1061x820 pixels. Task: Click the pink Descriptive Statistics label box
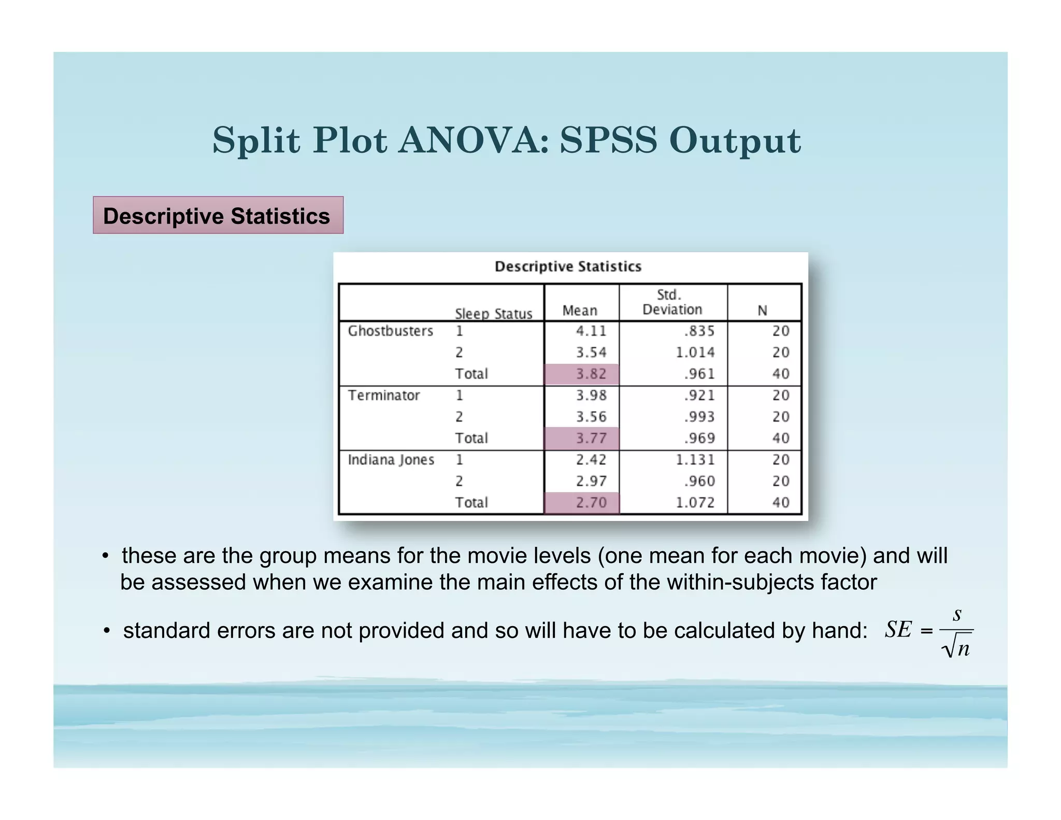(x=218, y=215)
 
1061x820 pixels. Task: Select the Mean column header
(x=580, y=310)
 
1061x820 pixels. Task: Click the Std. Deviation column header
(x=672, y=302)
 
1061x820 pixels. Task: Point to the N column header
(x=762, y=310)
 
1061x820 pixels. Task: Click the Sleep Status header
(x=493, y=314)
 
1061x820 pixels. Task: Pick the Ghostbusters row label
(x=390, y=331)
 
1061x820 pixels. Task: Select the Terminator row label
(x=383, y=395)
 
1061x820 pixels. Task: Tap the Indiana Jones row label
(x=391, y=460)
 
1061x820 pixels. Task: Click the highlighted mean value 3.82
(x=591, y=374)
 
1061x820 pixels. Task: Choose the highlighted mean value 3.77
(x=591, y=438)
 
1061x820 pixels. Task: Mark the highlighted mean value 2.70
(x=591, y=502)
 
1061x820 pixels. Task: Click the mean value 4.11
(x=591, y=331)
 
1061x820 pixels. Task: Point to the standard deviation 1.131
(x=695, y=460)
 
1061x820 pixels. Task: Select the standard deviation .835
(x=699, y=331)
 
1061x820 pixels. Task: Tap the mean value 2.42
(x=591, y=460)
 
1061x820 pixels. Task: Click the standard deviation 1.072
(x=695, y=502)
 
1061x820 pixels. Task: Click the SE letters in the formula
(x=898, y=630)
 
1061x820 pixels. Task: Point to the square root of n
(x=956, y=648)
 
